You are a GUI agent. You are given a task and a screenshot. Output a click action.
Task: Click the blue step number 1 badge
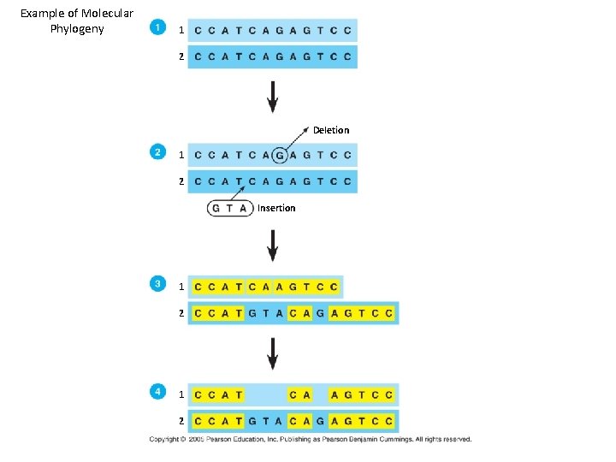click(157, 27)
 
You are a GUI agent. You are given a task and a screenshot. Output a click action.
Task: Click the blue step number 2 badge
click(157, 152)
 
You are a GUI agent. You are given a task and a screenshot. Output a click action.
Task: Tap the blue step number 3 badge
click(157, 283)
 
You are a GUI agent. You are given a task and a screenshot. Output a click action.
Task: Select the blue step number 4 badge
click(157, 392)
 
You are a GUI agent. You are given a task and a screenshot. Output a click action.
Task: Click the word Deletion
click(331, 130)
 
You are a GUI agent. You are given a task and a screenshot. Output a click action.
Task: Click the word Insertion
click(276, 208)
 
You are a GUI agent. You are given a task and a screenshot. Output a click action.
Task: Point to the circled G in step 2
click(279, 156)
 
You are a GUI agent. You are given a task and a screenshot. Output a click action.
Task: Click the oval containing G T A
click(230, 208)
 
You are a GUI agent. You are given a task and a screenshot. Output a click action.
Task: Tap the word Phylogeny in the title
click(77, 29)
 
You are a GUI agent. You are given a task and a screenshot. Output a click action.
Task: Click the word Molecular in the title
click(104, 13)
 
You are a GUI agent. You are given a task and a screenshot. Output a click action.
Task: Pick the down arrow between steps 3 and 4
click(272, 353)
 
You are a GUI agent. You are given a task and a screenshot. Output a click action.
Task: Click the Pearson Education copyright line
click(310, 439)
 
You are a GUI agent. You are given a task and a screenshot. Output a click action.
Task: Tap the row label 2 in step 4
click(181, 422)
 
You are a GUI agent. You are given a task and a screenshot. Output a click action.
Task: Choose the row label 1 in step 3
click(181, 287)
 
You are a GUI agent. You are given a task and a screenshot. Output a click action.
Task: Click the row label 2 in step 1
click(181, 56)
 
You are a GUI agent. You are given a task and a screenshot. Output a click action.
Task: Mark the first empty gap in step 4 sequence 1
click(265, 395)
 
